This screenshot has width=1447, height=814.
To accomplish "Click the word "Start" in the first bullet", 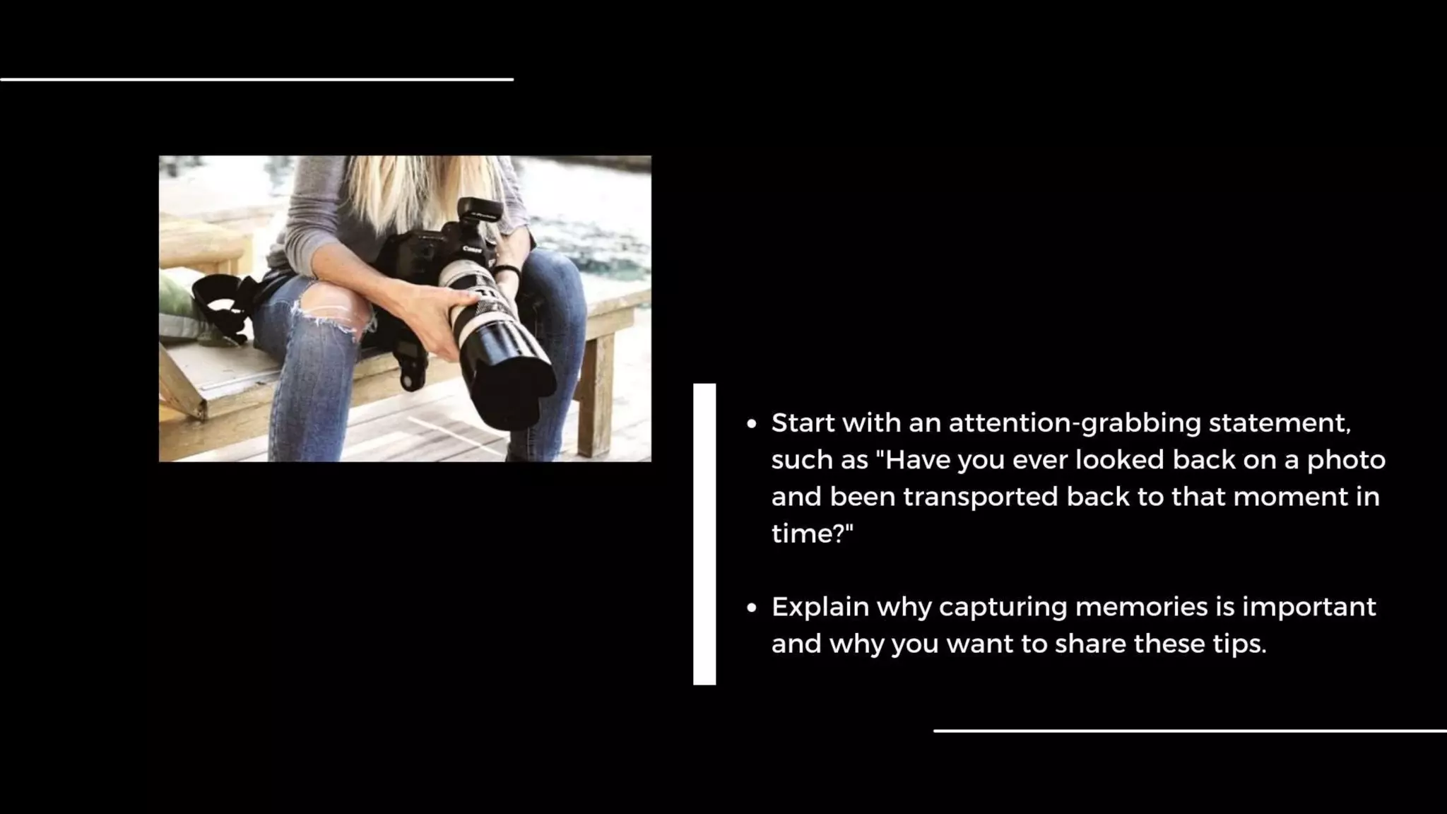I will (x=802, y=423).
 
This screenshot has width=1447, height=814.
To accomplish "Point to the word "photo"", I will (x=1345, y=460).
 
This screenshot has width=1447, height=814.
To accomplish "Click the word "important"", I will (x=1309, y=607).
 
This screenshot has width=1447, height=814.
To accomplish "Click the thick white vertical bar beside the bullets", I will (x=704, y=534).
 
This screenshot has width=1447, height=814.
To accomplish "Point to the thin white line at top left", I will (x=256, y=79).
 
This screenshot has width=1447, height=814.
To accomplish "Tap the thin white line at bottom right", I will (x=1190, y=731).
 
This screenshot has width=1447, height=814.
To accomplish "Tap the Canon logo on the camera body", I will (x=471, y=249).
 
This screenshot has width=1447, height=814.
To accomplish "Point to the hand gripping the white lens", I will (x=431, y=311).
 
